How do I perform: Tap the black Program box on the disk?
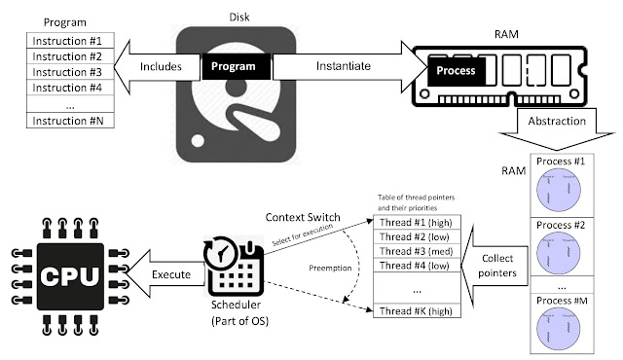coord(236,66)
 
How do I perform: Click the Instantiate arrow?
coord(341,66)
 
